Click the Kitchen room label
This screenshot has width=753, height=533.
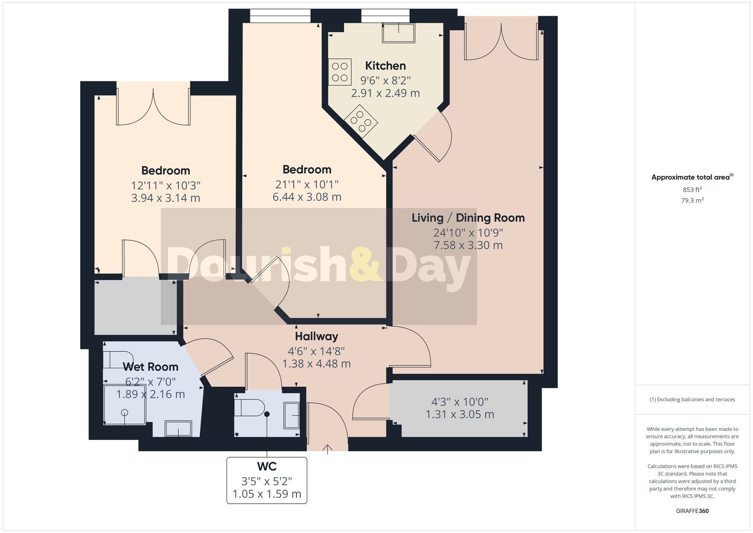385,66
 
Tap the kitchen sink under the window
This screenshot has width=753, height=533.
398,33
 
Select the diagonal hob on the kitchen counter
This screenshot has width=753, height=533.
361,121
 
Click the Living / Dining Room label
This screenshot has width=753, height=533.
468,218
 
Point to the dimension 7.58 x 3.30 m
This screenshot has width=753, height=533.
468,245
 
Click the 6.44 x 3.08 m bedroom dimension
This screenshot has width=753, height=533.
307,197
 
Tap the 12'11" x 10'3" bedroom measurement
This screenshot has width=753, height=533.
165,186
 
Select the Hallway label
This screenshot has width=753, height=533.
316,336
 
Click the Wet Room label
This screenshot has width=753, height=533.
150,367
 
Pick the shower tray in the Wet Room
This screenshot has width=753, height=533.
124,405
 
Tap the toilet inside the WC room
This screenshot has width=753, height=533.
249,408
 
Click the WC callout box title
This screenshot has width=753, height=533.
267,466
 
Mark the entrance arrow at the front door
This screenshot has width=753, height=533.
328,449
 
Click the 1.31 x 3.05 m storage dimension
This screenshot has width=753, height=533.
459,414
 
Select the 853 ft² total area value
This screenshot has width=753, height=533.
692,189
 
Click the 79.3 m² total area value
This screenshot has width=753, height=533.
692,200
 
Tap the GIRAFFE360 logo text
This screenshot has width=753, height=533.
692,511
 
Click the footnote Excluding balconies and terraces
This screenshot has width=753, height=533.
692,399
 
